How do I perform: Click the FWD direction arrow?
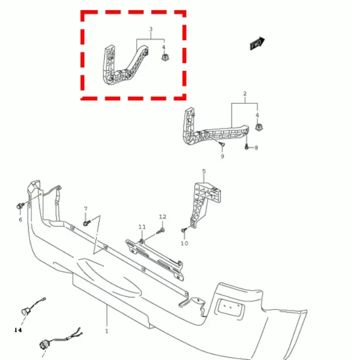257,43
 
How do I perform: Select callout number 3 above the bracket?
151,29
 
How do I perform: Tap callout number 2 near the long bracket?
245,94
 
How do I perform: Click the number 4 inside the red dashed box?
163,47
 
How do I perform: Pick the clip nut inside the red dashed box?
164,58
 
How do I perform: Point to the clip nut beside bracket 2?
259,127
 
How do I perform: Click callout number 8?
256,148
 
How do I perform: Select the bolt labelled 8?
247,146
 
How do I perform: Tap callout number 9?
222,157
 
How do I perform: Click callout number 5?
204,171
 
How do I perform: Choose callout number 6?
20,220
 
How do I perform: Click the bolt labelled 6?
20,206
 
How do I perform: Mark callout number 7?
86,208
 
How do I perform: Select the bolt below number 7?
86,223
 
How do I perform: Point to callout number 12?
163,217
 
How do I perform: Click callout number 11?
142,227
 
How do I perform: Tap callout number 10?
184,243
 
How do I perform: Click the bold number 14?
18,330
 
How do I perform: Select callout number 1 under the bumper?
107,331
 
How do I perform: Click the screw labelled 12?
160,231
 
